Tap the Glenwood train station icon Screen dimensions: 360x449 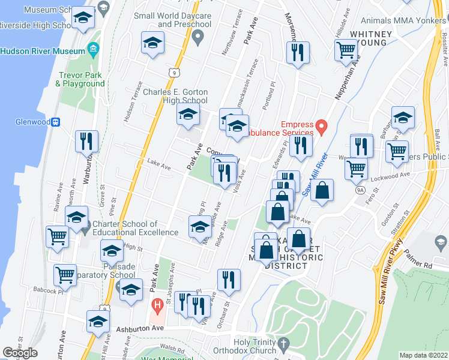pyautogui.click(x=55, y=122)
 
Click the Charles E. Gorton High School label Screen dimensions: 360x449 pyautogui.click(x=175, y=96)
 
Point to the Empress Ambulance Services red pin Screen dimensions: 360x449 pyautogui.click(x=322, y=127)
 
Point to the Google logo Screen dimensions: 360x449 pyautogui.click(x=20, y=353)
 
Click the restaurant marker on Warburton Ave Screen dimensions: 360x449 pyautogui.click(x=86, y=142)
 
